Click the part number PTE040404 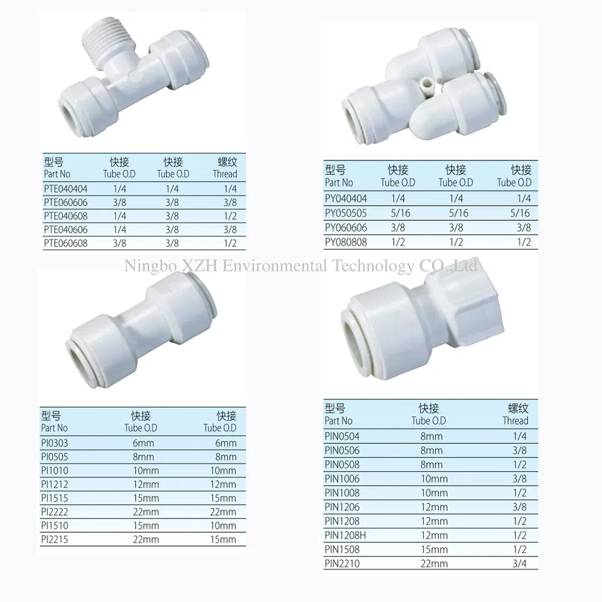coord(65,189)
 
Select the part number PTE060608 coord(65,243)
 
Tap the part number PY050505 coord(346,213)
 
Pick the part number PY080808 coord(346,242)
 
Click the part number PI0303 coord(55,442)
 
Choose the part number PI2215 coord(55,539)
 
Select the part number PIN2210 coord(342,563)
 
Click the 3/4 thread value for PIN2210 coord(519,563)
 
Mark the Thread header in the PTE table coord(225,174)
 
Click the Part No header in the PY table coord(339,182)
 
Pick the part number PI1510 coord(55,525)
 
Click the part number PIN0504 coord(342,436)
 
